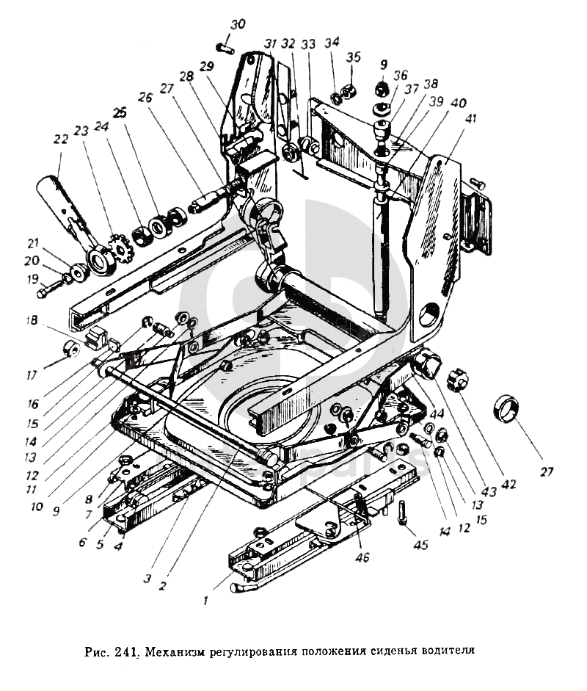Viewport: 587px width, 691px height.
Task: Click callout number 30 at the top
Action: [238, 24]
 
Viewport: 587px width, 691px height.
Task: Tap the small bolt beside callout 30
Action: [225, 47]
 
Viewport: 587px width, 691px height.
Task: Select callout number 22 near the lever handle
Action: [61, 140]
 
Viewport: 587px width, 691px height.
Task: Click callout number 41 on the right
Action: [471, 119]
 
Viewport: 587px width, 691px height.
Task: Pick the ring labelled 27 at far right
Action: [506, 408]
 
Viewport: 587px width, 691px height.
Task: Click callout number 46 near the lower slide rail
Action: [363, 558]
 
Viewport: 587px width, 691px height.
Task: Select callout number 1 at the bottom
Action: [205, 600]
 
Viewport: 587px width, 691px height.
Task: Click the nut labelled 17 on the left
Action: [71, 349]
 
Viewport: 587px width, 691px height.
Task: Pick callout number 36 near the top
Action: [401, 75]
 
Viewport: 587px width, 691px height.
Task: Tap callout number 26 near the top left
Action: [145, 97]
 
